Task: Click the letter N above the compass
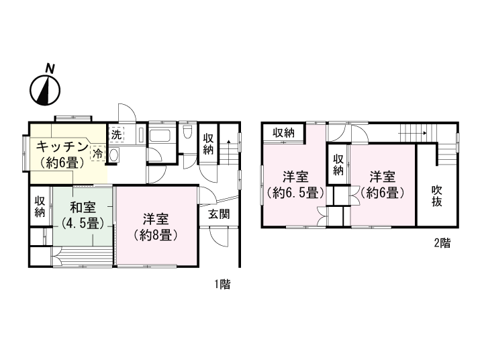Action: click(x=49, y=68)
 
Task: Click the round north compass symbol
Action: click(x=46, y=90)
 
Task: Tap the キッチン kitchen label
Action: click(x=62, y=146)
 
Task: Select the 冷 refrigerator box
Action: click(x=98, y=152)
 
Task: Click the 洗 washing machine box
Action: click(x=116, y=134)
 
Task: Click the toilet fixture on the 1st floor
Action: click(x=189, y=132)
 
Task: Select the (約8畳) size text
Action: click(x=155, y=235)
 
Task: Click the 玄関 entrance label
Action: click(x=219, y=214)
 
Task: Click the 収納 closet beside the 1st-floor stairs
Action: click(x=209, y=143)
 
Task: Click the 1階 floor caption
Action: click(x=222, y=284)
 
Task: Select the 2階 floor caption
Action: click(x=441, y=244)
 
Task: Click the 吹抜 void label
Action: click(x=437, y=196)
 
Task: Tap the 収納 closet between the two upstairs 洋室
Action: click(x=339, y=165)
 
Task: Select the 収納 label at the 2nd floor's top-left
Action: click(x=283, y=132)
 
